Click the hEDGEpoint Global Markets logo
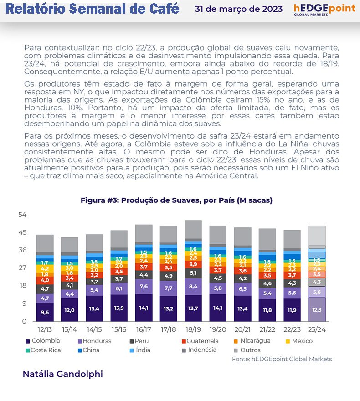[324, 10]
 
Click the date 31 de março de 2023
[238, 9]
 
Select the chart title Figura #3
[176, 200]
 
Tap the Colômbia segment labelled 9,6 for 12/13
[45, 313]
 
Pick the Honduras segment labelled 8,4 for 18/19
[193, 286]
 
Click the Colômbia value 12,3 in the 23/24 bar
[317, 310]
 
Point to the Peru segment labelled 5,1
[193, 273]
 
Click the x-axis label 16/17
[144, 329]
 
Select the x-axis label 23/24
[317, 329]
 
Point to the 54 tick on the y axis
[22, 215]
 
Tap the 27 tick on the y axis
[22, 268]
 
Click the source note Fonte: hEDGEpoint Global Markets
[282, 359]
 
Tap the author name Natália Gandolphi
[62, 374]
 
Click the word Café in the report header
[161, 9]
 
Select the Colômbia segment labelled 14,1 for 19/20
[218, 308]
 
